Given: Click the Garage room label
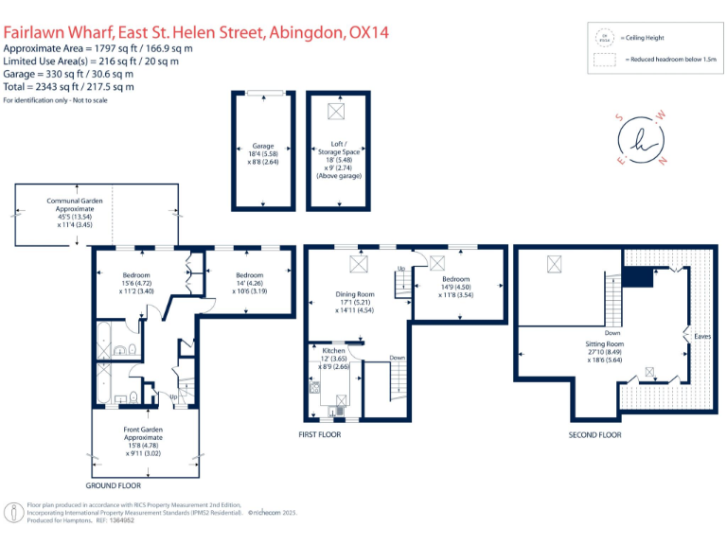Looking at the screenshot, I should coord(262,147).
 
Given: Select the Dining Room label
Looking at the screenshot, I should coord(356,294).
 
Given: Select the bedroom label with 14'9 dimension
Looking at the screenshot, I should coord(456,279).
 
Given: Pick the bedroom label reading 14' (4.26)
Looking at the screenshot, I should coord(250,275).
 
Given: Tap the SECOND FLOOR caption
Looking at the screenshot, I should coord(594,434).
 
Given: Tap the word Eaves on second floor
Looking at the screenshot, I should coord(702,336).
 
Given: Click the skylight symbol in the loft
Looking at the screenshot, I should coord(336,111).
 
